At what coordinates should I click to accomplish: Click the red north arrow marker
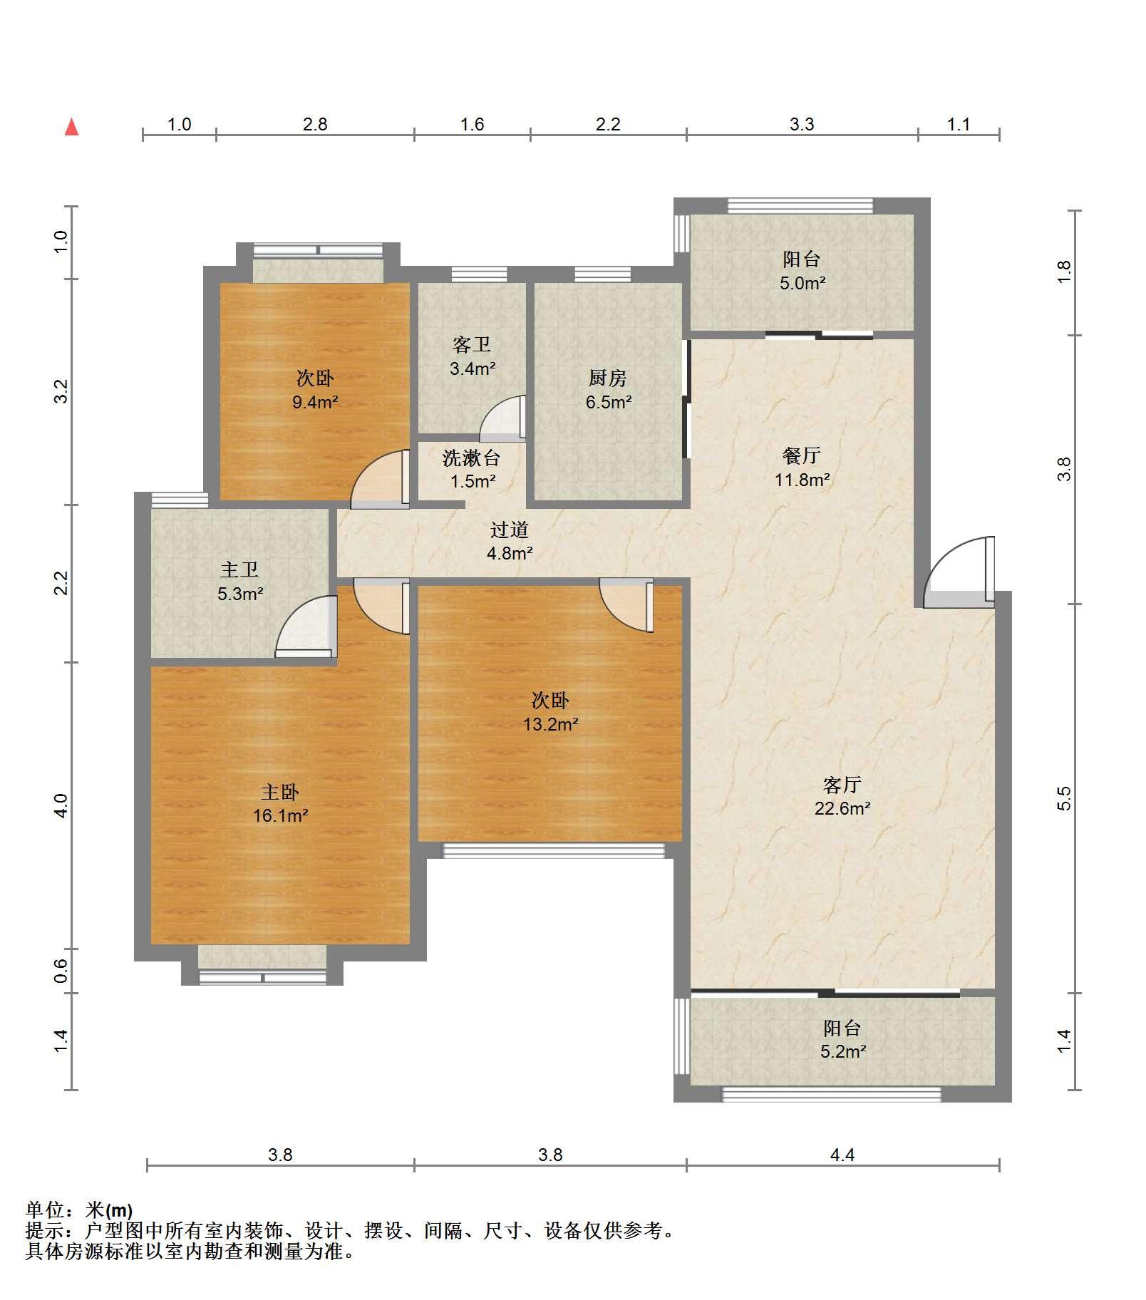pyautogui.click(x=71, y=127)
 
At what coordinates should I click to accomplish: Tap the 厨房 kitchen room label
pyautogui.click(x=608, y=378)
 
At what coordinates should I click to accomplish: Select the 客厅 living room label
pyautogui.click(x=842, y=785)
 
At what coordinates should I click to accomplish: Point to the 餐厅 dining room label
pyautogui.click(x=802, y=455)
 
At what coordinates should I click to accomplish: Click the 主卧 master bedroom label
pyautogui.click(x=280, y=792)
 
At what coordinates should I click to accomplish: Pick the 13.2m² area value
pyautogui.click(x=550, y=725)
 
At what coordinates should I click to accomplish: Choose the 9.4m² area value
pyautogui.click(x=315, y=402)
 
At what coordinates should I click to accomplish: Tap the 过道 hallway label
pyautogui.click(x=510, y=530)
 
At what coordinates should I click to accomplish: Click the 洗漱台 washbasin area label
pyautogui.click(x=471, y=458)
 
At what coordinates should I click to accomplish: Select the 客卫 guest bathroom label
pyautogui.click(x=472, y=345)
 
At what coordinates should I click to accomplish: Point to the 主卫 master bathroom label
pyautogui.click(x=239, y=569)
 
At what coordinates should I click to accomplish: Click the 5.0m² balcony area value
pyautogui.click(x=802, y=283)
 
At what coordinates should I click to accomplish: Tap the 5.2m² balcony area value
pyautogui.click(x=843, y=1051)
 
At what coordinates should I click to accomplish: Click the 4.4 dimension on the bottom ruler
pyautogui.click(x=842, y=1155)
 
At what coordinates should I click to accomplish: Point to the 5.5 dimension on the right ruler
pyautogui.click(x=1064, y=798)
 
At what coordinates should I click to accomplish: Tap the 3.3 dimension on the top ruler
pyautogui.click(x=802, y=125)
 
